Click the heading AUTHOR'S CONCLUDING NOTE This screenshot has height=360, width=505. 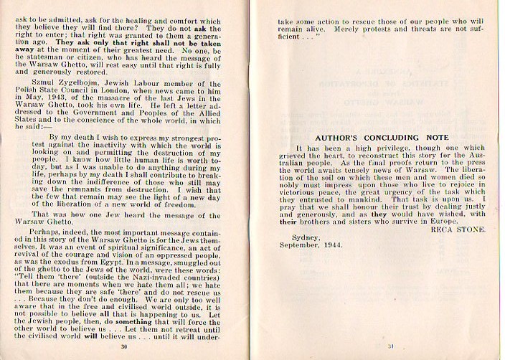[x=382, y=136]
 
